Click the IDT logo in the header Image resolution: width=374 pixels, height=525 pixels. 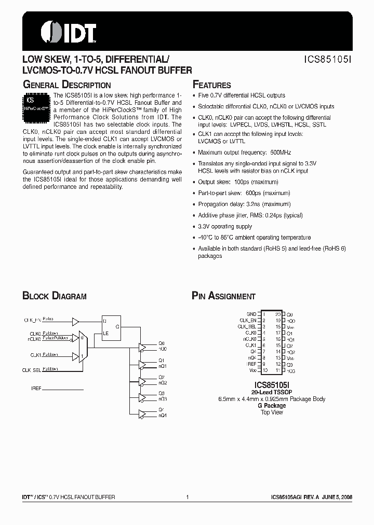pyautogui.click(x=68, y=32)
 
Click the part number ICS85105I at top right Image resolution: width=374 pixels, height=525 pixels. pyautogui.click(x=328, y=60)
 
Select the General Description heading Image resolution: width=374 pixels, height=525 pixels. pyautogui.click(x=66, y=85)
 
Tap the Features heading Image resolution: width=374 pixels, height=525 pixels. pyautogui.click(x=211, y=85)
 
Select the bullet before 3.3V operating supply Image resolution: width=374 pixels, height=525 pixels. pyautogui.click(x=194, y=227)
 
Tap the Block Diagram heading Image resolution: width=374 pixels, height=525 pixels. pyautogui.click(x=54, y=296)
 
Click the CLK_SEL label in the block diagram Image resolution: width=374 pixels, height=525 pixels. pyautogui.click(x=31, y=369)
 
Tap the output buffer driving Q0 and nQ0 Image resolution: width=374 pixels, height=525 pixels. pyautogui.click(x=142, y=346)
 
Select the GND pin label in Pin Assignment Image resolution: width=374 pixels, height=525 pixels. pyautogui.click(x=251, y=314)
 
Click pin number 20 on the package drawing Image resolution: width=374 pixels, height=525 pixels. pyautogui.click(x=278, y=314)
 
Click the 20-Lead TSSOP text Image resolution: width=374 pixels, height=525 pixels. pyautogui.click(x=272, y=393)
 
